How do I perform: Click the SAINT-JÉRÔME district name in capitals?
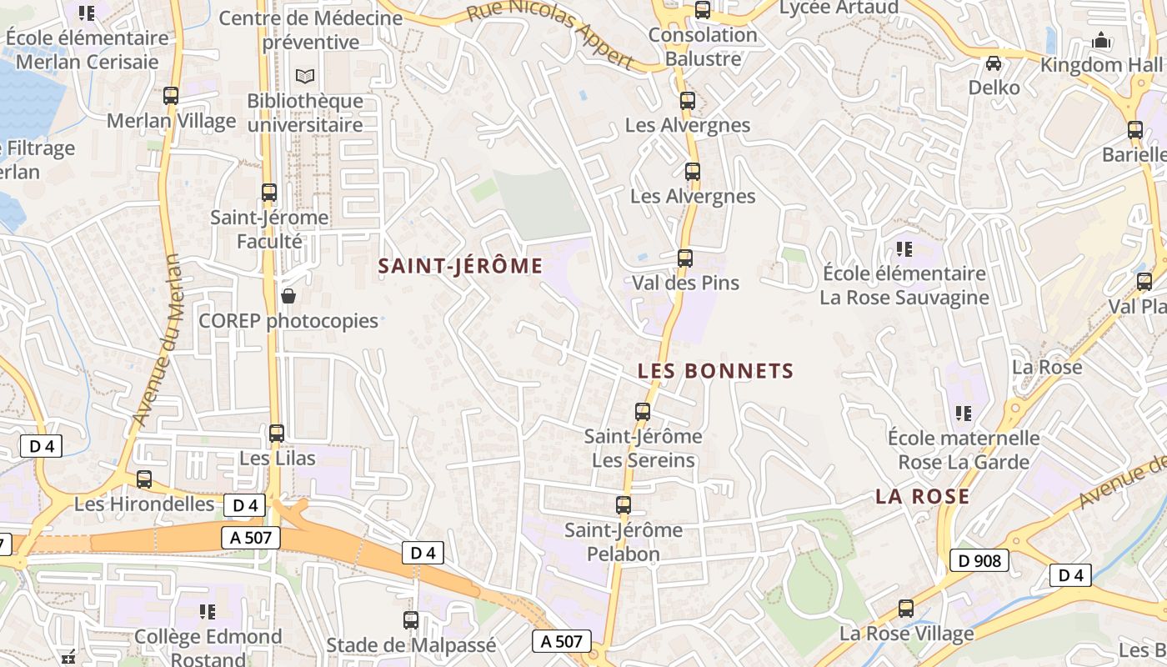point(460,266)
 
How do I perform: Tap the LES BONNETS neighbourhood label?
point(715,371)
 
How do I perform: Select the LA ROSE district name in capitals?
point(922,497)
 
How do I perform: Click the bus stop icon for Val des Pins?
point(685,258)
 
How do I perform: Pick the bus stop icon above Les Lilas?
point(277,434)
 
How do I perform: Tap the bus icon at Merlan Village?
point(171,96)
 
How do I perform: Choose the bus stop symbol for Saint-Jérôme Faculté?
point(269,193)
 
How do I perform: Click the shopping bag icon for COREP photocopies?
point(288,296)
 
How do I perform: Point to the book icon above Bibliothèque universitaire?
point(305,77)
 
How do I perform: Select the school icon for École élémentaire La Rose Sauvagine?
point(904,248)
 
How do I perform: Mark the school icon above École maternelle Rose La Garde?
point(964,413)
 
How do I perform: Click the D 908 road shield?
point(979,561)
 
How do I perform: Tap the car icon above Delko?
point(994,63)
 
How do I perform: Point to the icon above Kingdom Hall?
point(1101,40)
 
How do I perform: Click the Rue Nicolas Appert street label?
point(549,34)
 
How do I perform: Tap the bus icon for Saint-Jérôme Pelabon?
point(624,505)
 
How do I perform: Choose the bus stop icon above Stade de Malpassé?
point(411,620)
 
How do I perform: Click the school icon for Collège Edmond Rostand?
point(208,613)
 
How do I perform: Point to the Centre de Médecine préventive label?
point(322,30)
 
